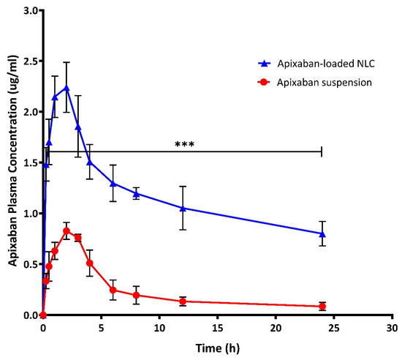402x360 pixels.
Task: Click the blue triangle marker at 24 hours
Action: coord(322,234)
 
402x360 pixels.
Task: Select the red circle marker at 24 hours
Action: coord(322,306)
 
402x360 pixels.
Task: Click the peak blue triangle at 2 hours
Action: coord(67,88)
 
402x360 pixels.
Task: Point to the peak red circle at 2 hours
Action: coord(67,231)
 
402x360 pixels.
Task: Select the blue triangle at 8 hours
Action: coord(137,194)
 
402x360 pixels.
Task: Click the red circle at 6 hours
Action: coord(113,290)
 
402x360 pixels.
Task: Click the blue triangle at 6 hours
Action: coord(113,183)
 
